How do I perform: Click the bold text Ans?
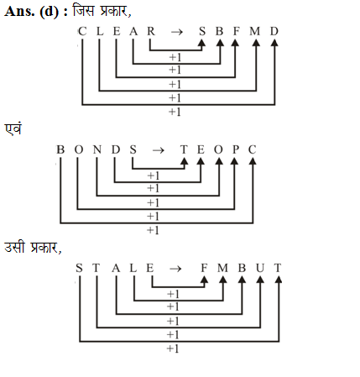(19, 12)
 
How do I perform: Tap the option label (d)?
(50, 12)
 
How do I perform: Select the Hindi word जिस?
(83, 11)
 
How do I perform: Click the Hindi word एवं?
(13, 128)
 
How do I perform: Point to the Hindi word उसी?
(14, 247)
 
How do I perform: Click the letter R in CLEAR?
(151, 31)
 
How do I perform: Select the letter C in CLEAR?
(82, 31)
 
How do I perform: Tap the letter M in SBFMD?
(255, 31)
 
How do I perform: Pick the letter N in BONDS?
(97, 149)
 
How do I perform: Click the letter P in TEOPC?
(236, 149)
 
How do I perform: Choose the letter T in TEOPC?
(184, 149)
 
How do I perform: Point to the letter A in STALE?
(116, 268)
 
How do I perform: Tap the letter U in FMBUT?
(260, 268)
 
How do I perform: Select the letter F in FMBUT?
(204, 268)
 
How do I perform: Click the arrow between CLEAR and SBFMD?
(176, 32)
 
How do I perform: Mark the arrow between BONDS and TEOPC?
(158, 151)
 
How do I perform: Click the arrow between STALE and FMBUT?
(175, 270)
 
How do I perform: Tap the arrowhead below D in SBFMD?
(274, 43)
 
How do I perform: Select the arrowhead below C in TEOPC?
(253, 161)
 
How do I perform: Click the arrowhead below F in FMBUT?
(205, 280)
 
